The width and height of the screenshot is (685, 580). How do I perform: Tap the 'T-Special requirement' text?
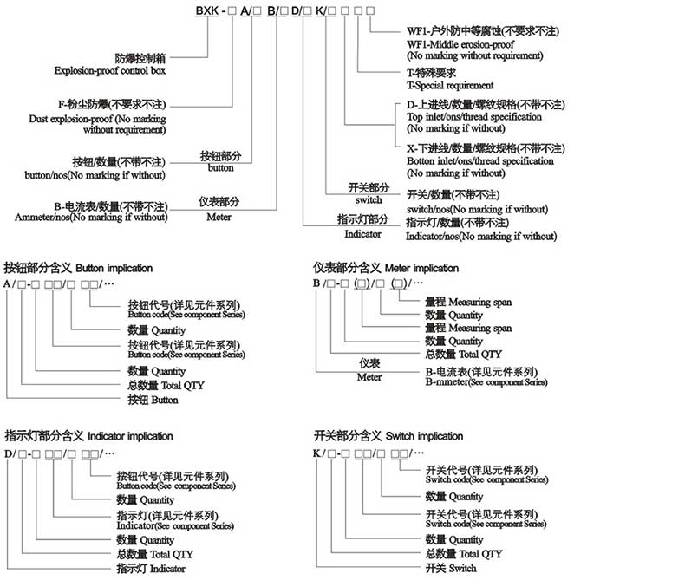pyautogui.click(x=450, y=86)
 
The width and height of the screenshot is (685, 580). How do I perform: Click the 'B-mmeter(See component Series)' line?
pyautogui.click(x=486, y=381)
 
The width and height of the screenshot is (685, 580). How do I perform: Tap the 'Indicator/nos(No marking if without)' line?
pyautogui.click(x=481, y=236)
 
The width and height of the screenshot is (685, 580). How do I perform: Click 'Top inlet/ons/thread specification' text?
pyautogui.click(x=474, y=116)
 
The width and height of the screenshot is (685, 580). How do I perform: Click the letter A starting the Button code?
pyautogui.click(x=8, y=284)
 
